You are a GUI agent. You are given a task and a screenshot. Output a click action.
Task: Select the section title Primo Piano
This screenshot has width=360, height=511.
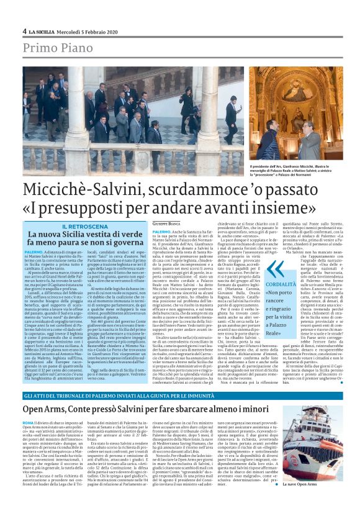(57, 49)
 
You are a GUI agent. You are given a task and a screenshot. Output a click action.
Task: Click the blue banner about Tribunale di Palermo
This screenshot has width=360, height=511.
(179, 396)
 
